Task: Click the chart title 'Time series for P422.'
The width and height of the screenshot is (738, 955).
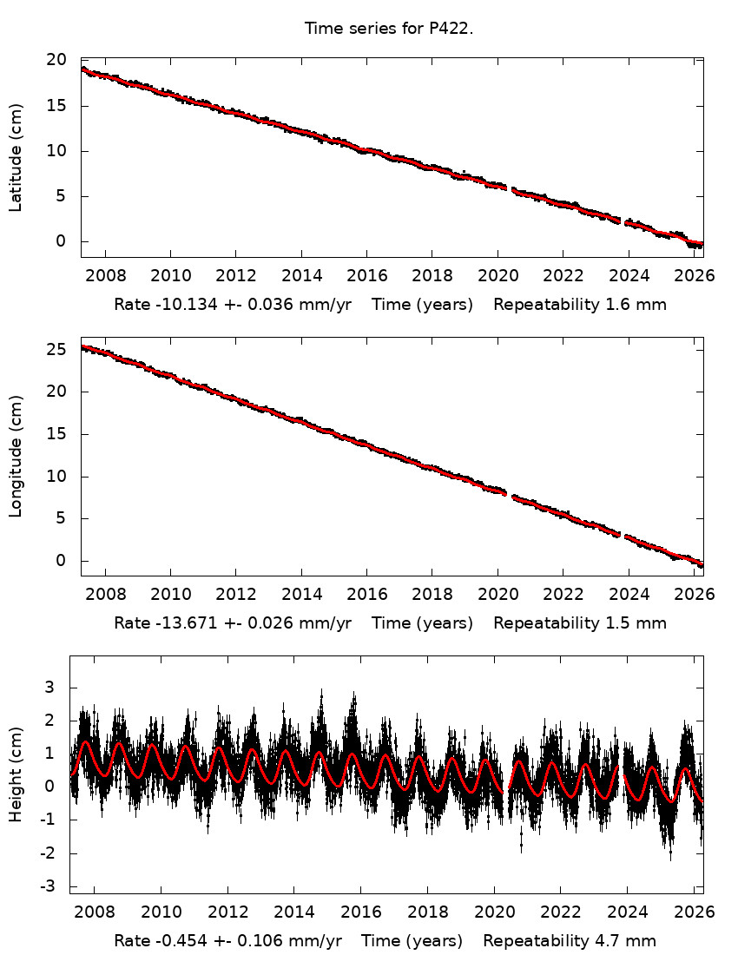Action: [x=388, y=29]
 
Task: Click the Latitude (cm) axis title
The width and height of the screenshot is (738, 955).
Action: [x=16, y=157]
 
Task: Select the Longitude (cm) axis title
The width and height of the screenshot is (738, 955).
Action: [x=16, y=457]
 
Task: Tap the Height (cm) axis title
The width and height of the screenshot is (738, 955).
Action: [x=16, y=774]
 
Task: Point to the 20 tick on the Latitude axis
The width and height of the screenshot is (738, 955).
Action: [x=57, y=60]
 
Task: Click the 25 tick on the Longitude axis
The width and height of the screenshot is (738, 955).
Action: [x=57, y=349]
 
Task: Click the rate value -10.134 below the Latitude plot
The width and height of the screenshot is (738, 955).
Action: [x=181, y=306]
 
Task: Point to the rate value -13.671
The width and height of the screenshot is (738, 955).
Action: [x=181, y=623]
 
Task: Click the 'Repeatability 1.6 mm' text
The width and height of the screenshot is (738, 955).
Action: [x=580, y=306]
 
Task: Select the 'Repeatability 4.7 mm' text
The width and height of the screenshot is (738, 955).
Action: [x=570, y=941]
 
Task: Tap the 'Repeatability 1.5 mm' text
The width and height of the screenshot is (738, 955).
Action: [x=580, y=623]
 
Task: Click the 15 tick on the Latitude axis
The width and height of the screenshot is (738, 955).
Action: [x=57, y=106]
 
